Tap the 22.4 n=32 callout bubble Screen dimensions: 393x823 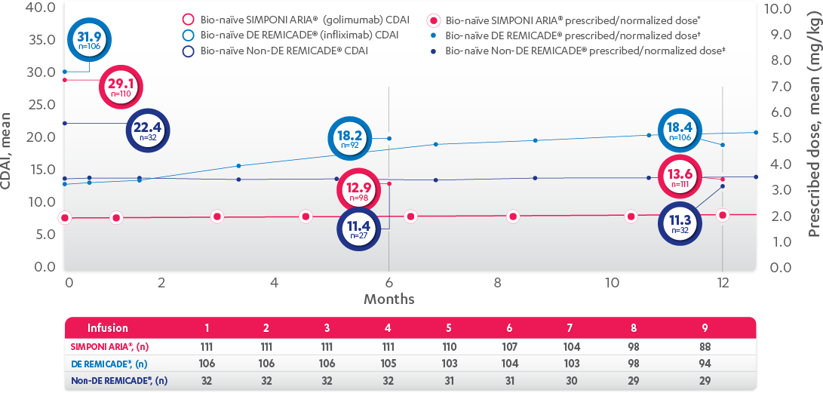pos(148,130)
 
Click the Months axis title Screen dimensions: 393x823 pos(388,299)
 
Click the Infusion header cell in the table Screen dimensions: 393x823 pos(108,328)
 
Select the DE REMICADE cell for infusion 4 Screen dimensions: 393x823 pos(388,363)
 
